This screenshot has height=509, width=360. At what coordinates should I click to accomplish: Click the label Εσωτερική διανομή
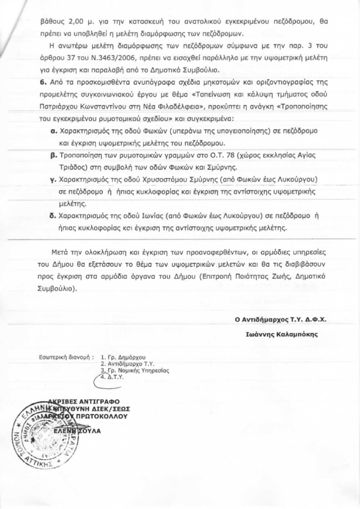click(66, 356)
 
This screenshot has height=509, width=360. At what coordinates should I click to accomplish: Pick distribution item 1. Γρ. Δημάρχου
click(124, 357)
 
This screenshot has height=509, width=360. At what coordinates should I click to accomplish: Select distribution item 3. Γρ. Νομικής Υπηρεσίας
click(135, 371)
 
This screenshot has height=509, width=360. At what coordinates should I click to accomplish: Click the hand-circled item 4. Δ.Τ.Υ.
click(112, 377)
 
